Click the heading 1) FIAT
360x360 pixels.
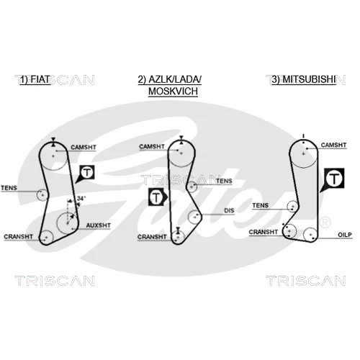pyautogui.click(x=35, y=79)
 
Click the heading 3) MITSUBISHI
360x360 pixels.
pyautogui.click(x=304, y=79)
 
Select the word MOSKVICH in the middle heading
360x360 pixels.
pyautogui.click(x=173, y=91)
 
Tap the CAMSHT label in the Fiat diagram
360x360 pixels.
pyautogui.click(x=84, y=147)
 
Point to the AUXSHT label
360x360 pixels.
pyautogui.click(x=99, y=225)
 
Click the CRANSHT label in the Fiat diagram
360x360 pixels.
pyautogui.click(x=18, y=237)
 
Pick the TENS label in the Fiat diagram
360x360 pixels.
pyautogui.click(x=9, y=188)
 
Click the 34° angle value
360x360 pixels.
pyautogui.click(x=81, y=199)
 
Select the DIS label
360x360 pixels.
pyautogui.click(x=229, y=211)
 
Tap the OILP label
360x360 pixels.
pyautogui.click(x=345, y=235)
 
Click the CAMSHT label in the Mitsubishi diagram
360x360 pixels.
pyautogui.click(x=333, y=145)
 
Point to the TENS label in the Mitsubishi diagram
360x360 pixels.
pyautogui.click(x=261, y=205)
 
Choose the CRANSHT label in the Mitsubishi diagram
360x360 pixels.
pyautogui.click(x=264, y=232)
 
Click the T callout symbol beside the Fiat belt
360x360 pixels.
pyautogui.click(x=87, y=173)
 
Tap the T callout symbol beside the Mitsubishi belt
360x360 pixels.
pyautogui.click(x=334, y=179)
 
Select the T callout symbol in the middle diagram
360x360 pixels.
pyautogui.click(x=156, y=197)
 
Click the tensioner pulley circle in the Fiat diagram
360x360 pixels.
pyautogui.click(x=42, y=194)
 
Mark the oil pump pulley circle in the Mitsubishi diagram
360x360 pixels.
pyautogui.click(x=310, y=235)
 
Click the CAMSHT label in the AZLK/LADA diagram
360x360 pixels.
pyautogui.click(x=152, y=146)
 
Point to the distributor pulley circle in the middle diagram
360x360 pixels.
pyautogui.click(x=195, y=217)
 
